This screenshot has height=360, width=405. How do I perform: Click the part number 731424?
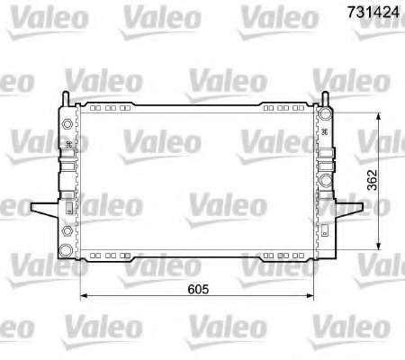[x=373, y=12]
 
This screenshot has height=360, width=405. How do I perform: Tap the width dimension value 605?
[x=198, y=289]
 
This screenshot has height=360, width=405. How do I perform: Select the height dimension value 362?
[x=372, y=180]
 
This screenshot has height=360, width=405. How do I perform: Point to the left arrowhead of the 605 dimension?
[x=84, y=296]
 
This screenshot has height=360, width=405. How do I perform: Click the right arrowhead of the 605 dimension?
[x=310, y=296]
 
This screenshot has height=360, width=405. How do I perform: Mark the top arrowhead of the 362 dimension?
[x=379, y=116]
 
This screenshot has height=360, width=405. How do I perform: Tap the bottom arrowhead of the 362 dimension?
[x=379, y=246]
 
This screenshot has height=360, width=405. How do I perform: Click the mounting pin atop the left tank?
[x=66, y=98]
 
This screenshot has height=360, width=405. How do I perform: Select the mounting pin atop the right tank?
[x=325, y=98]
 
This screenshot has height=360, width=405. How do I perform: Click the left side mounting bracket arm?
[x=45, y=209]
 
